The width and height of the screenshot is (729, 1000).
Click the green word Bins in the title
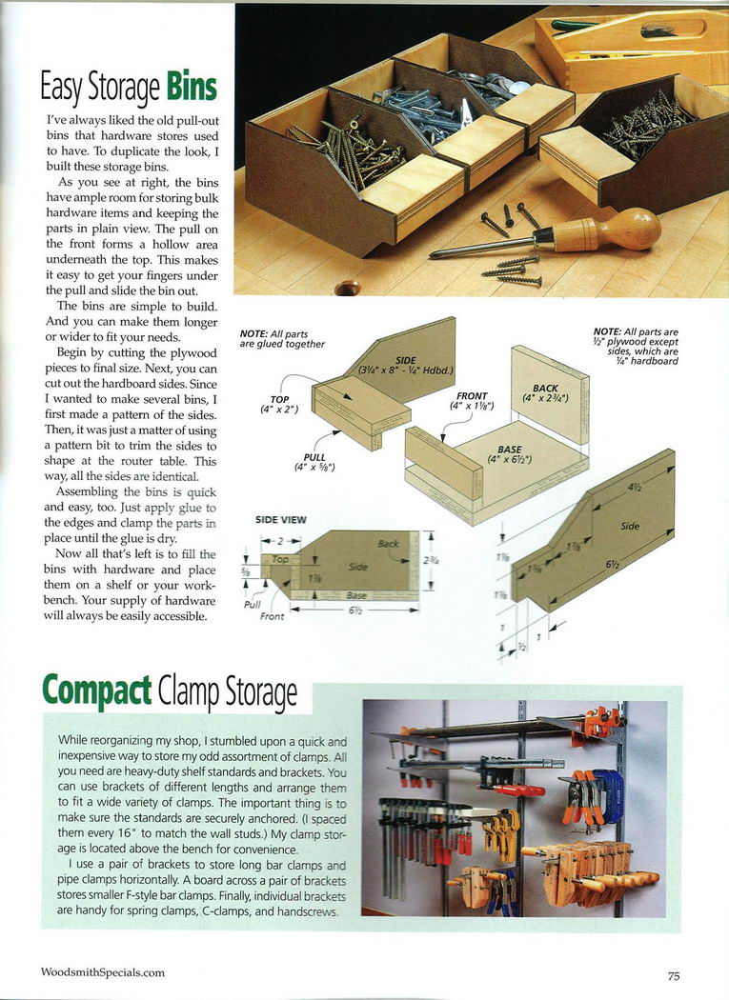192,89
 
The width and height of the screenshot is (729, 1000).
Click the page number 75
673,975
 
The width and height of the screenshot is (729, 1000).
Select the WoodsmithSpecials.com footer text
103,972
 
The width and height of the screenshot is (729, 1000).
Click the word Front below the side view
272,616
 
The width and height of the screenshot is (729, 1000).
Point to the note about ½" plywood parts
634,347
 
